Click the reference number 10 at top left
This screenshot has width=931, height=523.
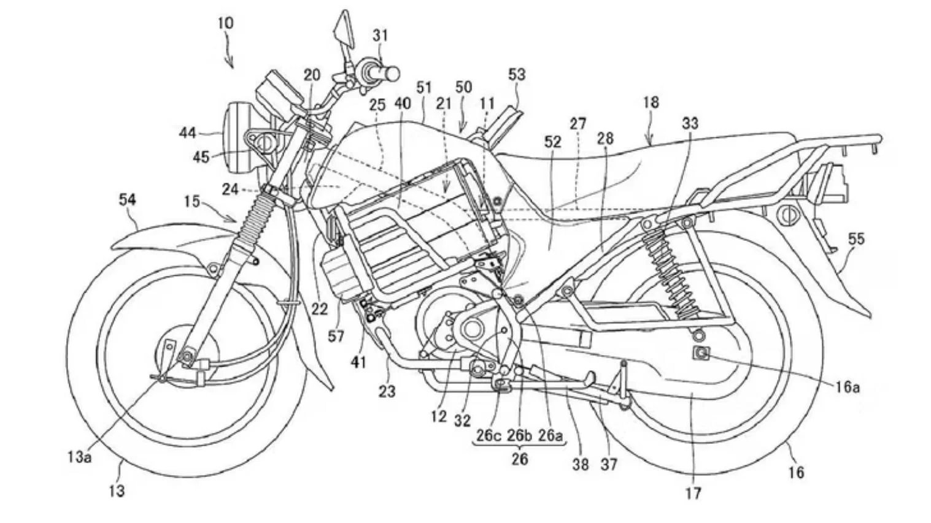click(225, 24)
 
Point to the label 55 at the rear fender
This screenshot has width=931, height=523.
click(856, 239)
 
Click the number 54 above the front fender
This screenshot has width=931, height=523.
click(128, 200)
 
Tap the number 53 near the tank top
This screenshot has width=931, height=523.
click(517, 75)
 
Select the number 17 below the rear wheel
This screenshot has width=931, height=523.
click(693, 492)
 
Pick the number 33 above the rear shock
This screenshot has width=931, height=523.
click(690, 124)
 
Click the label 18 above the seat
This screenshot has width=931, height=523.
click(651, 102)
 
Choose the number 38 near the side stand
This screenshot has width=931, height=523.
click(581, 464)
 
